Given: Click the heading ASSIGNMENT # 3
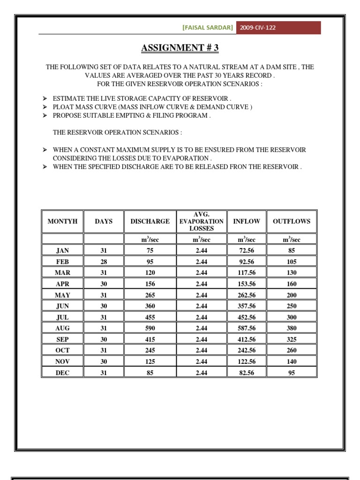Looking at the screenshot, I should [x=180, y=48].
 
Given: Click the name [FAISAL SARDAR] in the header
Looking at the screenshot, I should [x=207, y=28].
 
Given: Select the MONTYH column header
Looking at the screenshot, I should [x=62, y=221].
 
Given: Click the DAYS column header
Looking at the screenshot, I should [x=104, y=221].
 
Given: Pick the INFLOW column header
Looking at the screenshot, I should [x=247, y=221].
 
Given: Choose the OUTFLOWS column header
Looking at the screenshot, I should [x=292, y=221].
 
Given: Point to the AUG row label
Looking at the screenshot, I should [x=62, y=328].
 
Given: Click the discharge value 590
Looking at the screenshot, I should [x=150, y=328].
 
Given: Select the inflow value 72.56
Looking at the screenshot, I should [x=247, y=251].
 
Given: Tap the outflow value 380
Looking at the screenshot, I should [x=292, y=328].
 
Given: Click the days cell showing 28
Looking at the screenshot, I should [x=104, y=262].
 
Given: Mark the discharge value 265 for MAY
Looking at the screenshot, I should [x=150, y=295].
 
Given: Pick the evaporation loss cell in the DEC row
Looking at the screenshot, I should [x=202, y=373].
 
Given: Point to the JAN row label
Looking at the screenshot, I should [x=62, y=251].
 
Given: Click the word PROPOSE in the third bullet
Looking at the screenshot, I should [x=67, y=115].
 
